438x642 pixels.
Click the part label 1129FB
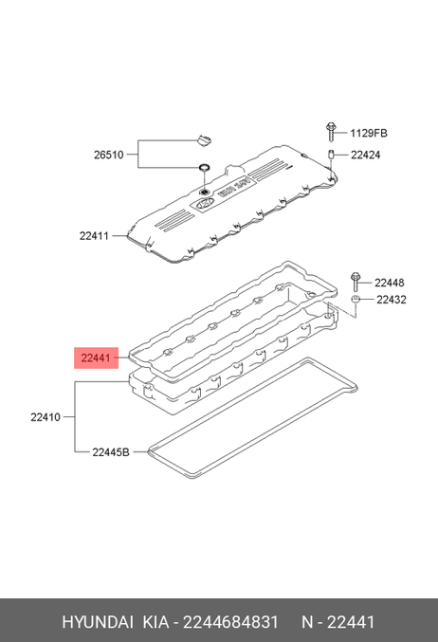pyautogui.click(x=369, y=133)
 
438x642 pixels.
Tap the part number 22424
pyautogui.click(x=366, y=155)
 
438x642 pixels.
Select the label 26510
pyautogui.click(x=108, y=155)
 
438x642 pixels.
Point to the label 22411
pyautogui.click(x=94, y=236)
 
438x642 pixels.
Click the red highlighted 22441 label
pyautogui.click(x=96, y=358)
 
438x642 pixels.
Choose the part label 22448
pyautogui.click(x=390, y=283)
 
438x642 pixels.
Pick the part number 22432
pyautogui.click(x=392, y=300)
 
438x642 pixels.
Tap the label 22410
pyautogui.click(x=46, y=417)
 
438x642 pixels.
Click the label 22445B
pyautogui.click(x=111, y=452)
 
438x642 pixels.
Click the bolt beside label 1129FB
pyautogui.click(x=330, y=132)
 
